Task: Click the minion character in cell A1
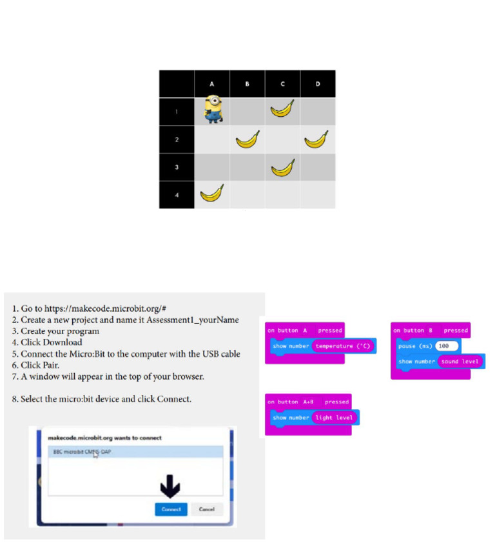[x=213, y=109]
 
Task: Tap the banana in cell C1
[x=282, y=109]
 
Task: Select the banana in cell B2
[x=247, y=139]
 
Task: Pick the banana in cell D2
[x=316, y=139]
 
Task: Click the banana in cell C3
[x=282, y=167]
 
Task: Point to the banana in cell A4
[x=213, y=193]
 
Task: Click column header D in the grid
[x=318, y=85]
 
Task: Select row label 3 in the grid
[x=177, y=167]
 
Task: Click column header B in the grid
[x=247, y=85]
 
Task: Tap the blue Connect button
[x=171, y=509]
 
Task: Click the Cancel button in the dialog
[x=207, y=509]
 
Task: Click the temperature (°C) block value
[x=342, y=346]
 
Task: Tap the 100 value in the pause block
[x=446, y=346]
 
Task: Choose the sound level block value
[x=460, y=361]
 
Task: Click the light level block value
[x=334, y=418]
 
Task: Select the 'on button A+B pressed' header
[x=308, y=401]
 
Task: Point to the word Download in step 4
[x=63, y=342]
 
